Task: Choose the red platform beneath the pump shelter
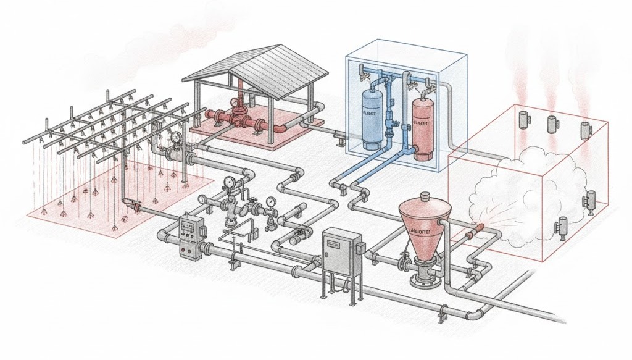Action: [247, 133]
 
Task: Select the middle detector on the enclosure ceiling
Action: [551, 124]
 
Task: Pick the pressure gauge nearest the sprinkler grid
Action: [178, 137]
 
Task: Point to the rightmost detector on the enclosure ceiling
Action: [585, 130]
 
